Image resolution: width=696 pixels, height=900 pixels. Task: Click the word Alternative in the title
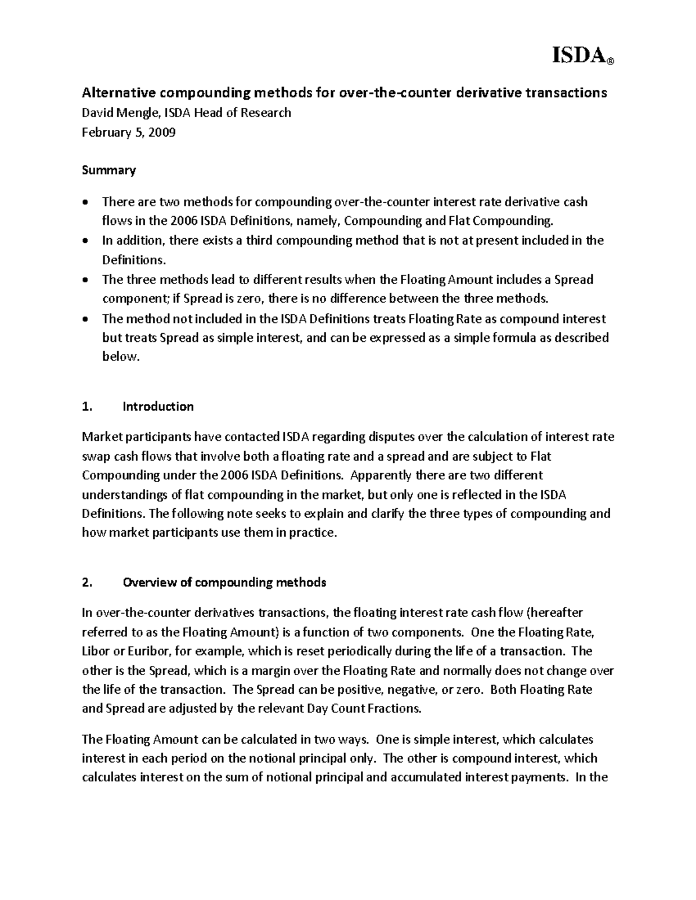(118, 93)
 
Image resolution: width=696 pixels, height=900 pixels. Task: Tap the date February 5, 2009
(128, 132)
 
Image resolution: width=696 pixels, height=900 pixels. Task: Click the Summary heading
(108, 170)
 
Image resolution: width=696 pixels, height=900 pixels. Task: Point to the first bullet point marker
(86, 202)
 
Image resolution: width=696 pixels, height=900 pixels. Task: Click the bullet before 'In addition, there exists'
(86, 241)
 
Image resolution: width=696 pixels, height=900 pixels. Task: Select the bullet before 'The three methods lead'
(86, 279)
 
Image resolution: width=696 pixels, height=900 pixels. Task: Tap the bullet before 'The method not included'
(86, 319)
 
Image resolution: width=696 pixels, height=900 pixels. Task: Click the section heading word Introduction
(158, 406)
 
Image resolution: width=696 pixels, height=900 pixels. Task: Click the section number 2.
(87, 582)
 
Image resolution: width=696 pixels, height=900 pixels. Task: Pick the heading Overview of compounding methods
(224, 582)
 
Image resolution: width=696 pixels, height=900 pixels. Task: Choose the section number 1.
(87, 406)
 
